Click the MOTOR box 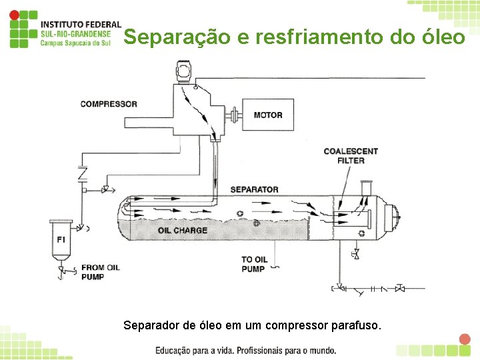[268, 115]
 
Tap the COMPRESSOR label [109, 104]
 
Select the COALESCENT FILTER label [351, 155]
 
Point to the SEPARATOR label [254, 189]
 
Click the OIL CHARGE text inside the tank [183, 231]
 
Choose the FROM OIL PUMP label [100, 272]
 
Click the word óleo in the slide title [441, 37]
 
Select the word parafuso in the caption [357, 326]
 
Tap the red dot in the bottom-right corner [465, 339]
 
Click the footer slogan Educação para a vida [200, 350]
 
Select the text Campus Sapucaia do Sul [75, 43]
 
